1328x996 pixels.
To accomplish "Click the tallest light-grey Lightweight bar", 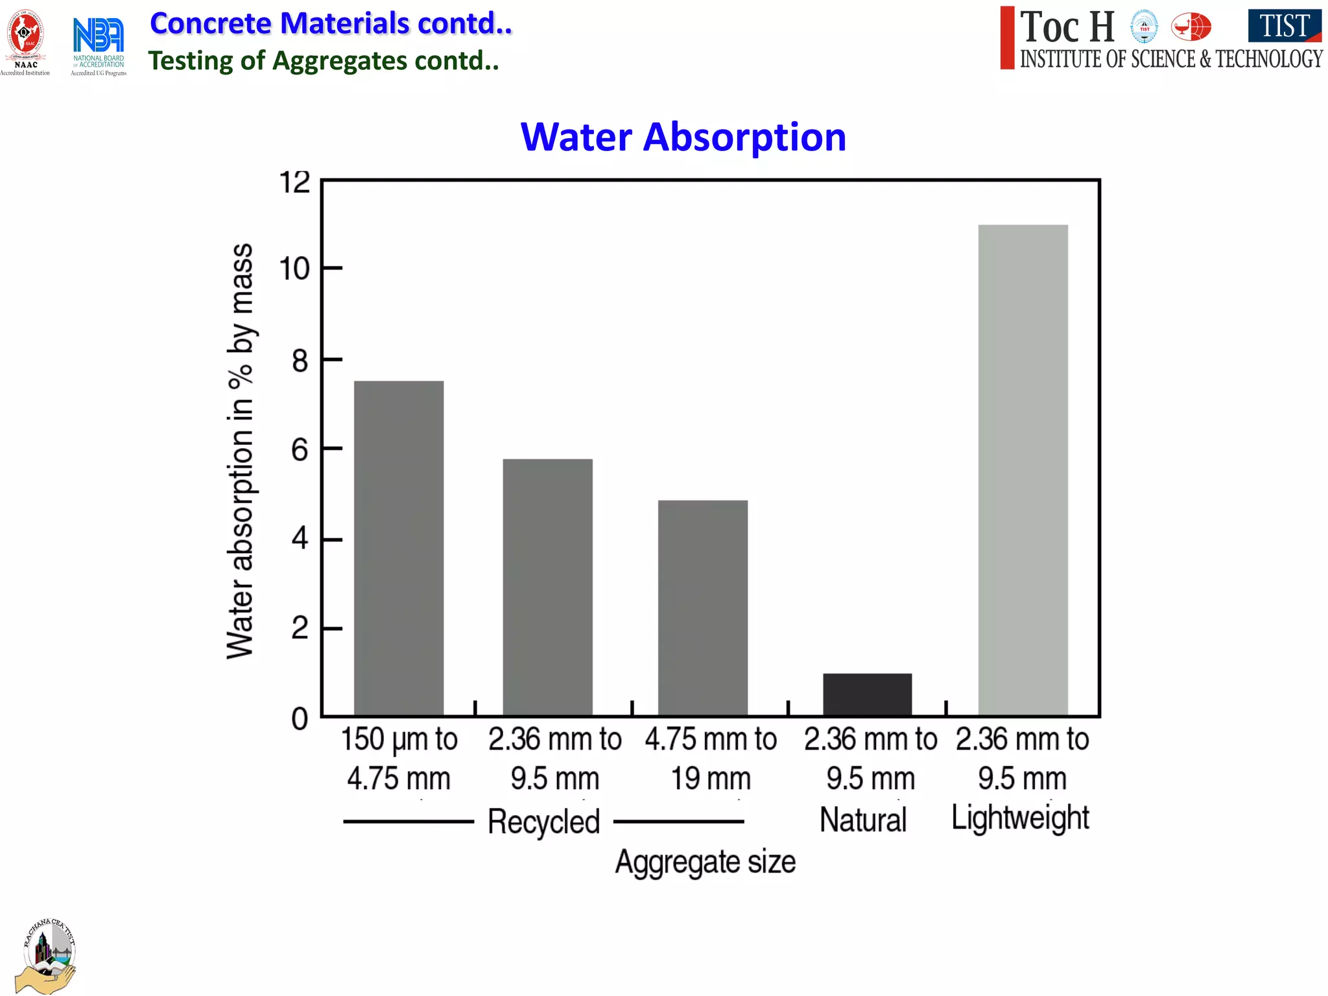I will tap(1023, 470).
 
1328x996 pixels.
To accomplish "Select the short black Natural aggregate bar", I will tap(867, 694).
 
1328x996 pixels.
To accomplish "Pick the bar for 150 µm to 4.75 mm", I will tap(399, 548).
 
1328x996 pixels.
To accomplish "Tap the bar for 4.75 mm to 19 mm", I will tap(702, 608).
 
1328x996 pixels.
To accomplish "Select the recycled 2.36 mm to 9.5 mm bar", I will tap(547, 587).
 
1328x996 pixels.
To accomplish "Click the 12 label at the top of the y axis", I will tap(294, 182).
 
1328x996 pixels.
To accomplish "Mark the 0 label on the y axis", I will tap(300, 719).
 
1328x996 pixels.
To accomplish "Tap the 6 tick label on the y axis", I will tap(300, 449).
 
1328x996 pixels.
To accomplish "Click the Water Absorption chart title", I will tap(683, 137).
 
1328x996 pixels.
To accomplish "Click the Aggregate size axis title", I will tap(705, 862).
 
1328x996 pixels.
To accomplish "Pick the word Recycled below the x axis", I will tap(543, 822).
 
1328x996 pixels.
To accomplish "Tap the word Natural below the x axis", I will tap(862, 820).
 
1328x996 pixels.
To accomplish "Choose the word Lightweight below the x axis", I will tap(1020, 818).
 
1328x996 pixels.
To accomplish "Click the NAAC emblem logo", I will tap(25, 40).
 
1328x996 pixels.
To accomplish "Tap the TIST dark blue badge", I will tap(1284, 25).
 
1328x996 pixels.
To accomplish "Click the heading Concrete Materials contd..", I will tap(331, 23).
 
